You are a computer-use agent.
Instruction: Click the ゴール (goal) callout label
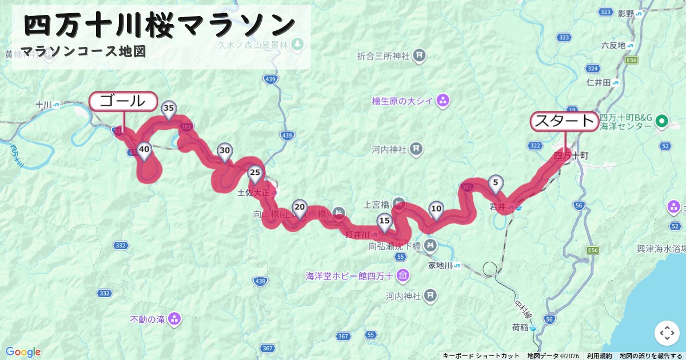122,102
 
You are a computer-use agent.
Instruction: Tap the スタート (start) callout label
565,121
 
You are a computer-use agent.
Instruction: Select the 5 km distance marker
496,183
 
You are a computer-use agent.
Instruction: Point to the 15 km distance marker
384,221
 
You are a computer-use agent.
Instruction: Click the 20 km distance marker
299,207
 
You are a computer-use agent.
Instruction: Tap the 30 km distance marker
225,151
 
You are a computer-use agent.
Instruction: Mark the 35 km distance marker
168,109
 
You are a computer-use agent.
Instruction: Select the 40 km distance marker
144,150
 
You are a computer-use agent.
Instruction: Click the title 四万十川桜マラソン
160,25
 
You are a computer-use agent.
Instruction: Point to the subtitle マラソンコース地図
83,51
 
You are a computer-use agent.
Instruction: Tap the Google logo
23,351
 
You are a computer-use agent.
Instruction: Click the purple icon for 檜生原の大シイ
442,102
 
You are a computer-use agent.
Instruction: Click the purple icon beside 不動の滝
174,319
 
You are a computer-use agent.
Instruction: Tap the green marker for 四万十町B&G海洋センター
662,121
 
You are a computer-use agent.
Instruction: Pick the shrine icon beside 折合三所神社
420,55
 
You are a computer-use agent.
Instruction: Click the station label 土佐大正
253,193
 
